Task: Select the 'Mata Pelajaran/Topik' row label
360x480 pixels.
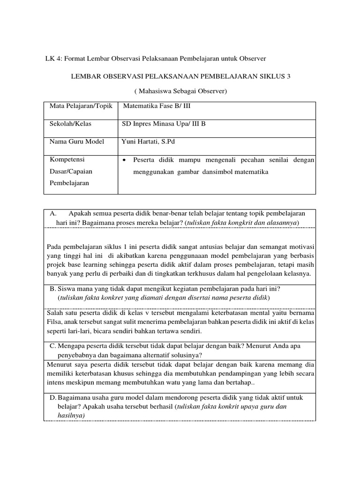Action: pyautogui.click(x=81, y=105)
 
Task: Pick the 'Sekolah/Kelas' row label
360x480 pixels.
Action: pyautogui.click(x=70, y=124)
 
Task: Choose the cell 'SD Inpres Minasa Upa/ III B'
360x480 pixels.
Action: pyautogui.click(x=163, y=124)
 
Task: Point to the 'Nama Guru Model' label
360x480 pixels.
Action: pyautogui.click(x=77, y=142)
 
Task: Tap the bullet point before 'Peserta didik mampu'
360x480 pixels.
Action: pyautogui.click(x=124, y=160)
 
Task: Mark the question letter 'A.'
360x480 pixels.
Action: pyautogui.click(x=53, y=213)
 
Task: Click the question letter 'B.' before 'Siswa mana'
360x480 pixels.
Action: pyautogui.click(x=52, y=289)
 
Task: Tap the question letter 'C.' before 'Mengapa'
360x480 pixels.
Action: pyautogui.click(x=53, y=345)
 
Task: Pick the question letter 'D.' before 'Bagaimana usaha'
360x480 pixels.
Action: pyautogui.click(x=53, y=397)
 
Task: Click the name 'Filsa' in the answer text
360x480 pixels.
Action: pyautogui.click(x=55, y=322)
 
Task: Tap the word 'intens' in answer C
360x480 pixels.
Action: pyautogui.click(x=56, y=382)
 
